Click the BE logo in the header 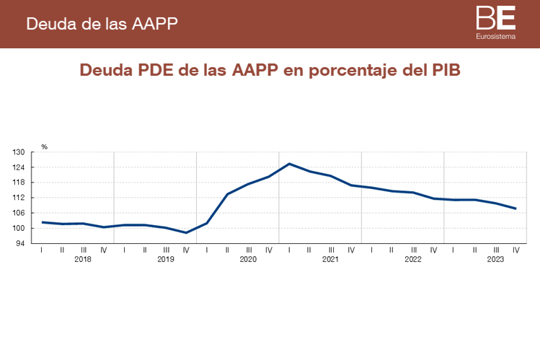click(495, 17)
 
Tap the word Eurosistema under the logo click(495, 35)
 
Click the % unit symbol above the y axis click(44, 146)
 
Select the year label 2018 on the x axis click(83, 258)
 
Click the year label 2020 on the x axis click(247, 258)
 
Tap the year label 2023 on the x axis click(495, 258)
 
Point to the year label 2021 click(330, 258)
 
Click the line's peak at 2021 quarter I click(289, 164)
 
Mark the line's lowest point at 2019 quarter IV click(186, 232)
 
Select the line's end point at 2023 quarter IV click(515, 208)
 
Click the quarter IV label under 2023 click(515, 250)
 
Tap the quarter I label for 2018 click(42, 250)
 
